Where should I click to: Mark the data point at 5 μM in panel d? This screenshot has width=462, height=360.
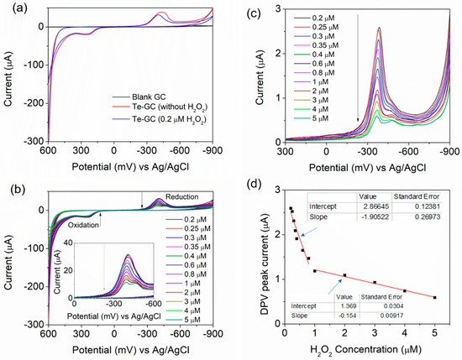coord(434,297)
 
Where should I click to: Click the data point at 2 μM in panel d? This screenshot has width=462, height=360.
coord(344,275)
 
